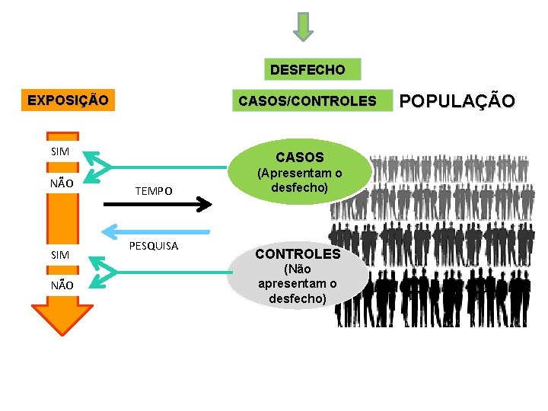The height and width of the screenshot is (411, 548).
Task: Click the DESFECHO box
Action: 307,70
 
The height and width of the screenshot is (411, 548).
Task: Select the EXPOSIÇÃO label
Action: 68,100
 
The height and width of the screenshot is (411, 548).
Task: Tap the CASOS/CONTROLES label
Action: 307,100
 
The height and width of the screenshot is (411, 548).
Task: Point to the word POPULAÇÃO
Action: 457,100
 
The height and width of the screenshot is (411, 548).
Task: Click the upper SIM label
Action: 60,151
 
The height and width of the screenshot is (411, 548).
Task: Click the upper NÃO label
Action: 62,183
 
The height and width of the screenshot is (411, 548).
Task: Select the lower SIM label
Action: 60,255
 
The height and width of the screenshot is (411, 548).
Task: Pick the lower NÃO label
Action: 62,285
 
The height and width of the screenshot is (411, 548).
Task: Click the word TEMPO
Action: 154,191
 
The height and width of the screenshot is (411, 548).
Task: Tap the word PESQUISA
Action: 154,246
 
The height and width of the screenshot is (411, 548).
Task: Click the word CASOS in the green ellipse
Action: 300,158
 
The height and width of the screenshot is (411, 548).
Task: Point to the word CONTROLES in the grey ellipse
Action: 298,253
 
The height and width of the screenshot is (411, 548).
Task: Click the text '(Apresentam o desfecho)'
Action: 299,180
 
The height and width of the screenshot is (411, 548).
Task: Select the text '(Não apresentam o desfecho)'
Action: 298,284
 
